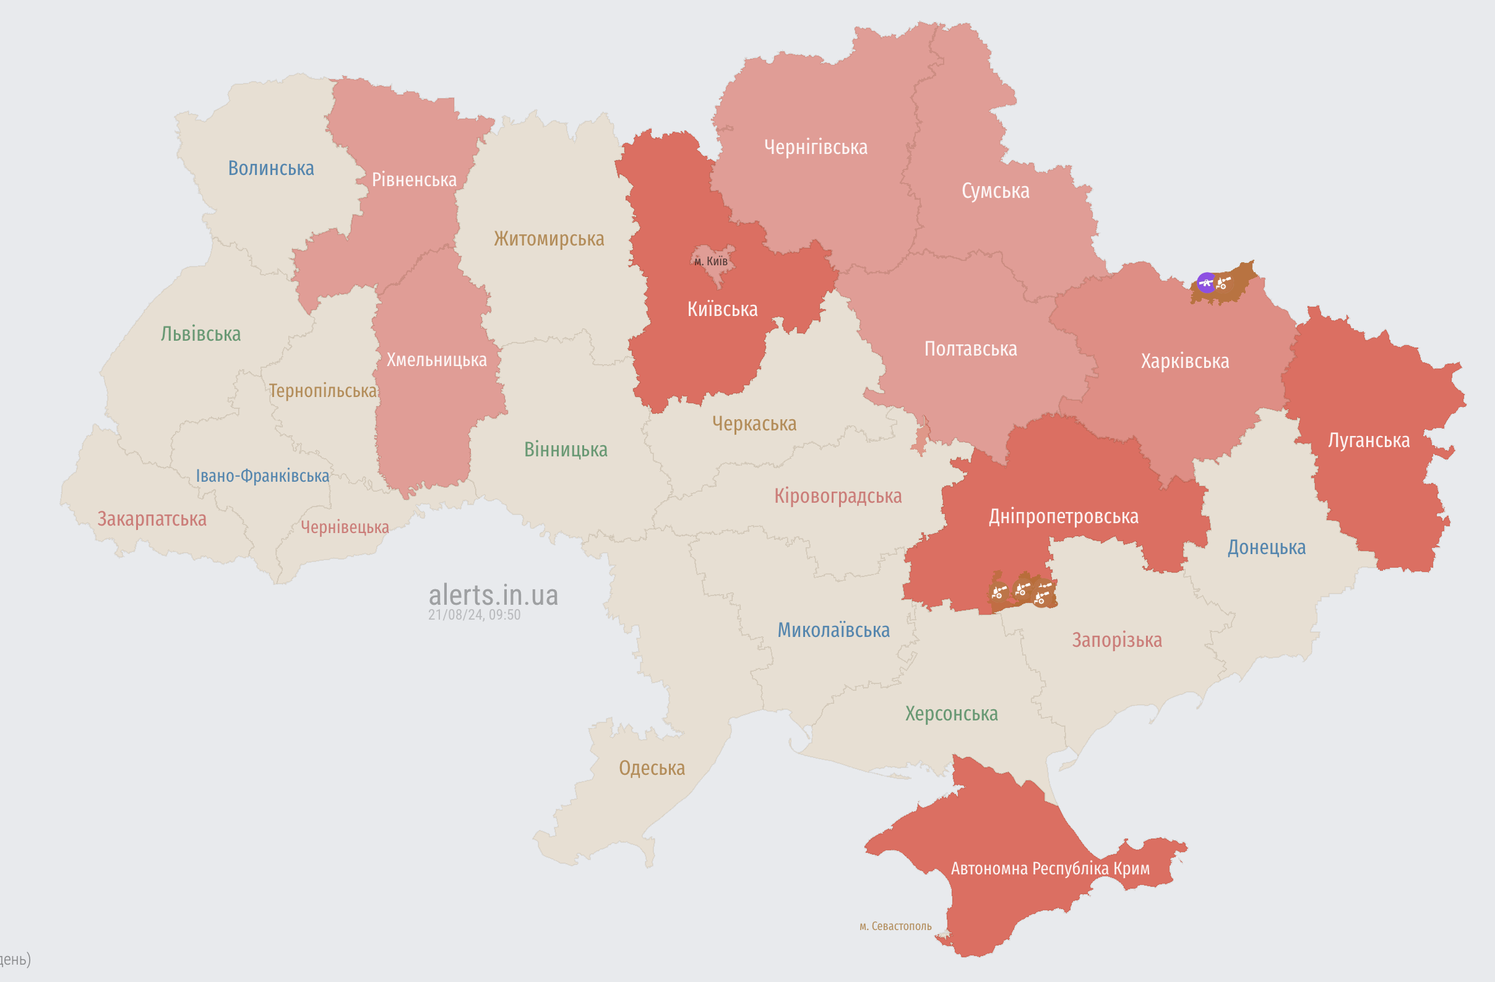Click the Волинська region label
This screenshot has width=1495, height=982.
(x=271, y=168)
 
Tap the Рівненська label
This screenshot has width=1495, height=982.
(x=414, y=179)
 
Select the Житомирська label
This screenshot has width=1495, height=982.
(x=548, y=239)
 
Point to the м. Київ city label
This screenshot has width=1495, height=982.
(x=711, y=261)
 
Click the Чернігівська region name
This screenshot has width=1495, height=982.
(x=816, y=147)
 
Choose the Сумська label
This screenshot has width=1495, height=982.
(x=995, y=191)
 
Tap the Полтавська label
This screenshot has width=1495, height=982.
(x=970, y=349)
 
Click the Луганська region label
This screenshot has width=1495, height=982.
(x=1368, y=440)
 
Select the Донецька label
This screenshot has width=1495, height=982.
(x=1266, y=547)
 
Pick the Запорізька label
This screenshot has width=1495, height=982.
(x=1116, y=640)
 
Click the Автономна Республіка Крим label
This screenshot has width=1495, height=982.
(x=1049, y=868)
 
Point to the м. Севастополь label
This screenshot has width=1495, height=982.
(x=895, y=926)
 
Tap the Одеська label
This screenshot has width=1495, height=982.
(x=652, y=768)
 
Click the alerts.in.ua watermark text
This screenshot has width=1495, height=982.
(x=493, y=596)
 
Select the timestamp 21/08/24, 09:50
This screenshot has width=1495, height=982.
(x=474, y=615)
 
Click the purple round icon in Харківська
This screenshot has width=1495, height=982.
(x=1206, y=283)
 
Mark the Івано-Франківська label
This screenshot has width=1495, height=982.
(x=262, y=476)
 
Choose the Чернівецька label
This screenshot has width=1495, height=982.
(x=344, y=527)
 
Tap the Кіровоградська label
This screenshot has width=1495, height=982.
(x=837, y=496)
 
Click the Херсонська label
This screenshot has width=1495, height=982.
(x=951, y=714)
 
